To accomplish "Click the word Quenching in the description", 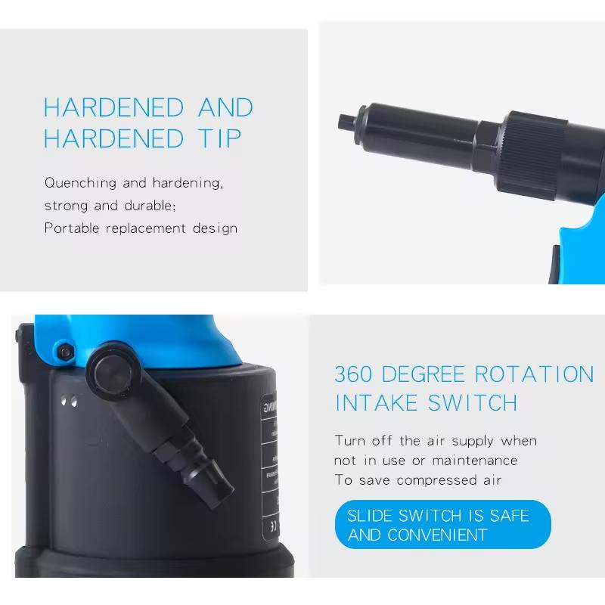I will [x=80, y=183].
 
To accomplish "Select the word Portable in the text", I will [x=73, y=228].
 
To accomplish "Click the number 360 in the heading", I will [x=353, y=374].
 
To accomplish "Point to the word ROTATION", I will [x=534, y=374].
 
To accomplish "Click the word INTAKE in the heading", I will [x=377, y=403].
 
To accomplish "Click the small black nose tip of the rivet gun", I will [x=344, y=121].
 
